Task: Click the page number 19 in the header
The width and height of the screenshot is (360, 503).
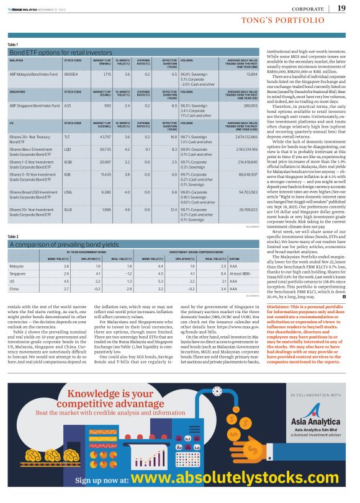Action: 342,8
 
